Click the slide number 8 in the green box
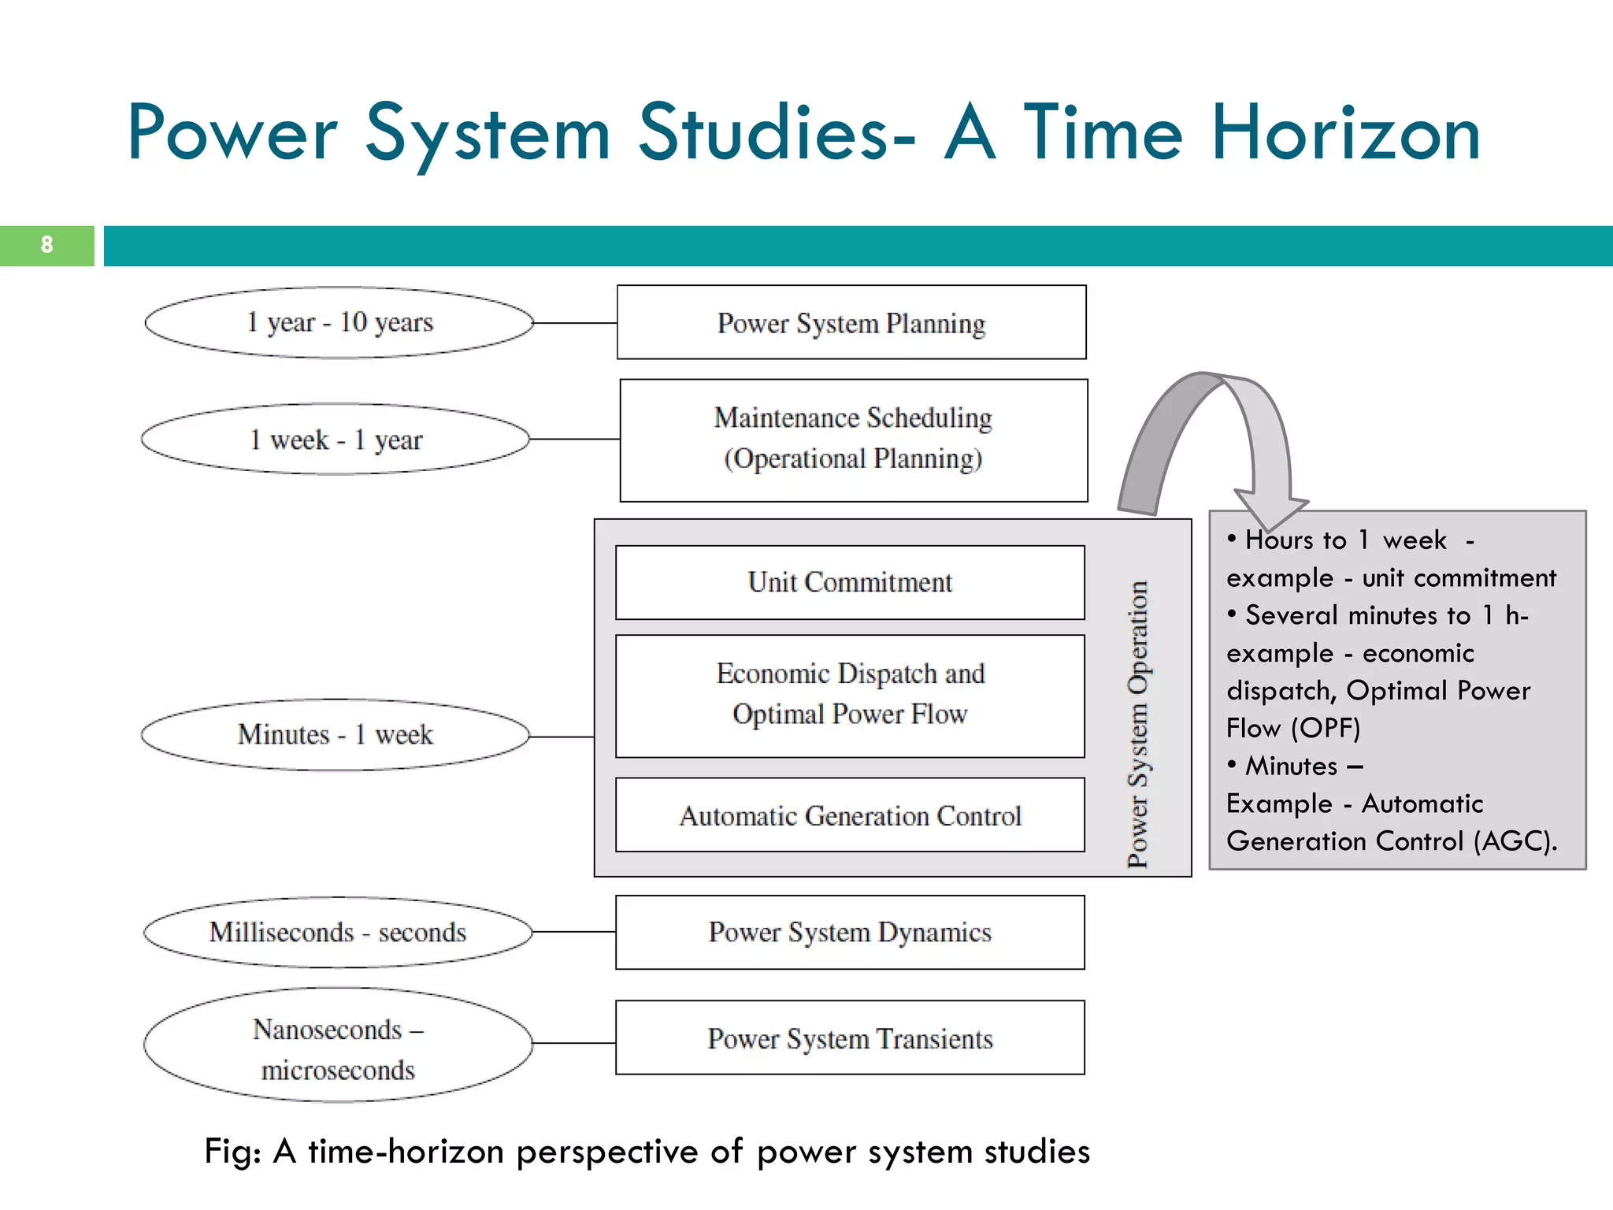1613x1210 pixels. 46,245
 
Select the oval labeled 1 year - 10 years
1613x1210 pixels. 339,322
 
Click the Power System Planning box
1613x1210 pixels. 851,323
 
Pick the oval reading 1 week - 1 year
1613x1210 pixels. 336,440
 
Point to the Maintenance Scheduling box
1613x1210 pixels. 854,440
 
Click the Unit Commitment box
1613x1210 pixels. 850,582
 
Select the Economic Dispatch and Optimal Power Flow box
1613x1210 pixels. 850,695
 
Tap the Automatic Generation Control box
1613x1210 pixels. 850,815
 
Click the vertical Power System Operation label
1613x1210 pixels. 1137,725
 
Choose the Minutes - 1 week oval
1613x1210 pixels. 336,734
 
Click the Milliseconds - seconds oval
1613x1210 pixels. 338,932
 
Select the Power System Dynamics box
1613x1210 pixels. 850,932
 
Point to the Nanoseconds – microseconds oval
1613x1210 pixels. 338,1045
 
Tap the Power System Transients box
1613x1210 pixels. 850,1038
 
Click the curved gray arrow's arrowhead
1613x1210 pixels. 1270,510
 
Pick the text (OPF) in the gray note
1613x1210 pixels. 1326,728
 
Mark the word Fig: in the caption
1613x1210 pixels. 233,1151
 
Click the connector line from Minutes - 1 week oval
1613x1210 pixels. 562,737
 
